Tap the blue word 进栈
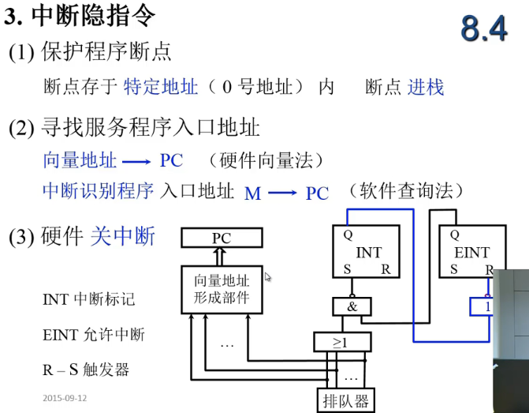pyautogui.click(x=426, y=87)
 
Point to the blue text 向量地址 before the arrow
pyautogui.click(x=80, y=161)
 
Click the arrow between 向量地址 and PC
pyautogui.click(x=136, y=162)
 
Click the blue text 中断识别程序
pyautogui.click(x=98, y=191)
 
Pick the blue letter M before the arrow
pyautogui.click(x=252, y=193)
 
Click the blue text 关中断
pyautogui.click(x=123, y=236)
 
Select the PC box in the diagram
pyautogui.click(x=222, y=237)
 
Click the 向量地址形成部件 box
pyautogui.click(x=222, y=288)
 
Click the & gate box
pyautogui.click(x=352, y=306)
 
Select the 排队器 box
pyautogui.click(x=345, y=400)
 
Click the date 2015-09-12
pyautogui.click(x=65, y=398)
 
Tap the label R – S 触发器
pyautogui.click(x=86, y=370)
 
